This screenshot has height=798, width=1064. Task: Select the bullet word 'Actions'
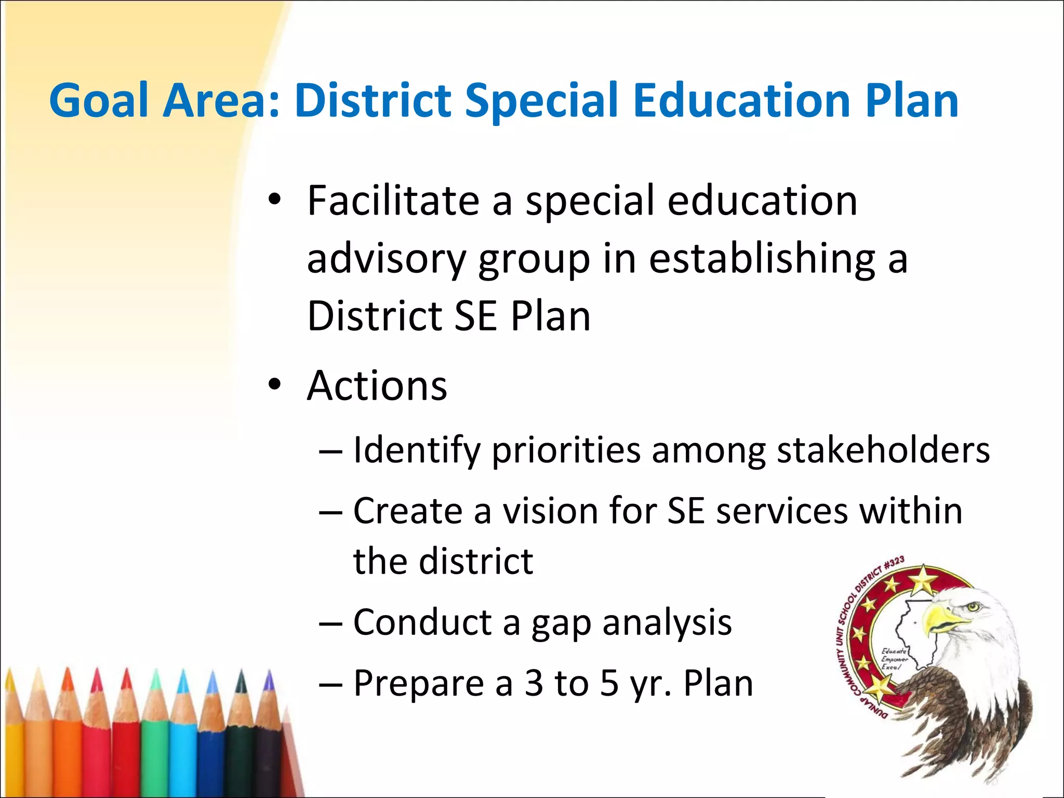377,385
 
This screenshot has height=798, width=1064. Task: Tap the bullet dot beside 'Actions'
275,385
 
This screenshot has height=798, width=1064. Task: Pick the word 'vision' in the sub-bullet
550,511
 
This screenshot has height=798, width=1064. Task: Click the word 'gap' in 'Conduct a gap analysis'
561,623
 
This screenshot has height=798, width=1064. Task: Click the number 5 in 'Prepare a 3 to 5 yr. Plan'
609,683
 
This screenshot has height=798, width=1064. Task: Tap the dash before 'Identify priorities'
331,450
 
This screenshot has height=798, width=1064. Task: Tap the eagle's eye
973,607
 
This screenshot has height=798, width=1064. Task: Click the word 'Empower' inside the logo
895,659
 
